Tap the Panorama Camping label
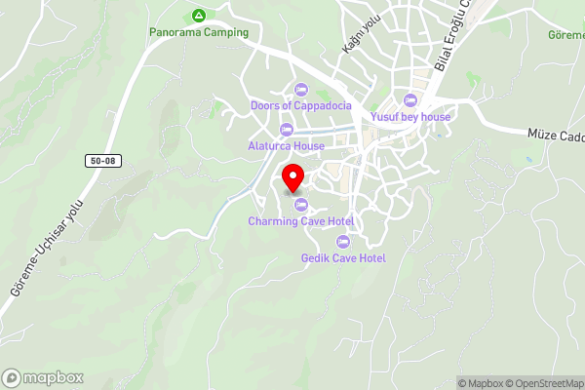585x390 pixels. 199,32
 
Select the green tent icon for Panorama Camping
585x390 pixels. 199,16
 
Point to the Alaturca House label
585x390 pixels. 286,146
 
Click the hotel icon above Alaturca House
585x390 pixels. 286,130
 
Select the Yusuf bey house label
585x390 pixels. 410,117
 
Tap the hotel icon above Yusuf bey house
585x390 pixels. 410,100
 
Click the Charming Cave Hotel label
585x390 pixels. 300,221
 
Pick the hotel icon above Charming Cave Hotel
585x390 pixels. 300,205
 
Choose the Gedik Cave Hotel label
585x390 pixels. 343,257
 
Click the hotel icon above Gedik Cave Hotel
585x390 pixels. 342,241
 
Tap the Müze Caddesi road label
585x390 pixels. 556,136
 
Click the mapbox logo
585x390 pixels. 43,377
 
